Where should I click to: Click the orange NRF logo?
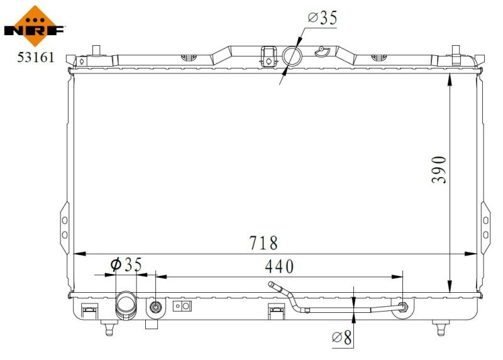pos(35,26)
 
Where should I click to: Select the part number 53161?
pos(36,57)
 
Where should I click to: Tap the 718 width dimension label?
pos(263,243)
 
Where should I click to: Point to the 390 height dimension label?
pos(438,170)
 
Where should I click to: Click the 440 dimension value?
pos(279,266)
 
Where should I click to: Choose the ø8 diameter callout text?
pos(342,337)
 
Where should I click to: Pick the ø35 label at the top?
pos(323,18)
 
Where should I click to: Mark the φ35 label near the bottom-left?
pos(126,264)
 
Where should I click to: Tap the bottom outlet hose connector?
pos(126,305)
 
